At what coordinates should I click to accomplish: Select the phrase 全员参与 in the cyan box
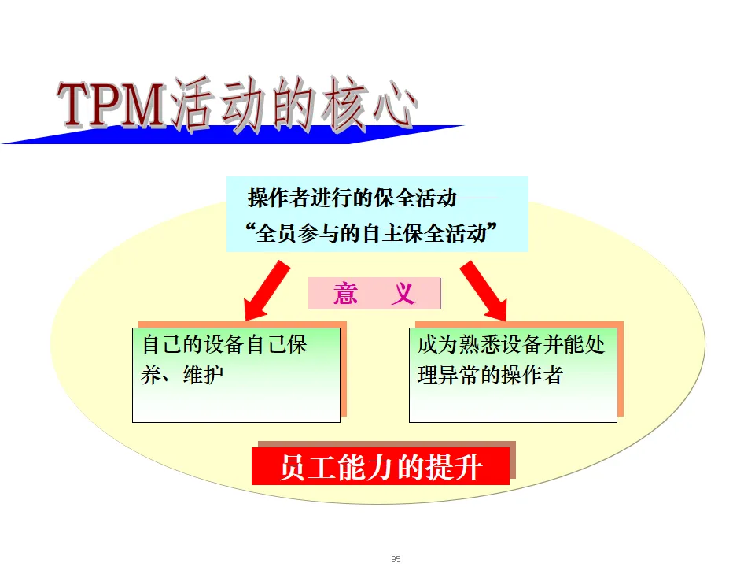[298, 234]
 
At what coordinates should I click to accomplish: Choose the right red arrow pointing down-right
[484, 290]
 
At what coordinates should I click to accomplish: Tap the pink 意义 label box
[374, 294]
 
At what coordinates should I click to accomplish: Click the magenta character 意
[346, 294]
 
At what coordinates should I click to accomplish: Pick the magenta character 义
[403, 294]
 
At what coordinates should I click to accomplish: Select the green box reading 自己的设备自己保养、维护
[236, 375]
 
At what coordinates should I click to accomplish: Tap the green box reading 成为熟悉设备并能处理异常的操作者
[513, 375]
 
